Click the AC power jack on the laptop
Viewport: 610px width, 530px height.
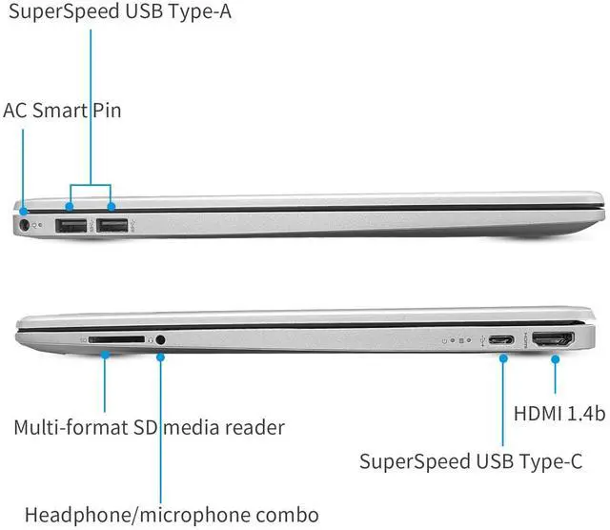[25, 226]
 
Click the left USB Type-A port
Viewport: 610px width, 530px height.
[71, 226]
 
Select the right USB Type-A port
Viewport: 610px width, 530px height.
[112, 226]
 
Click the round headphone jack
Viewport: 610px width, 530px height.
[161, 338]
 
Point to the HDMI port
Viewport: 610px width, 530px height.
[552, 339]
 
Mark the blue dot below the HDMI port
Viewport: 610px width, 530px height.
[553, 357]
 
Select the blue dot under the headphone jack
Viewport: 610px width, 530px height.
[161, 357]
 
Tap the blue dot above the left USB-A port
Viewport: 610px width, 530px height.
[71, 205]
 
